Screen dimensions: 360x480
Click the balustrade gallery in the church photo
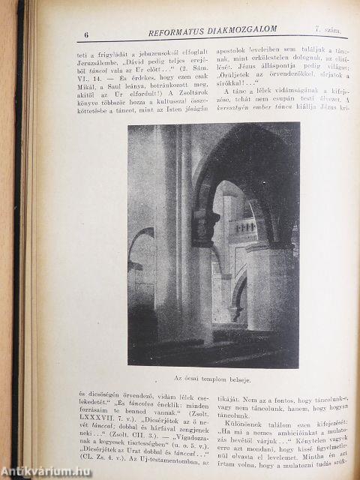pyautogui.click(x=246, y=226)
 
